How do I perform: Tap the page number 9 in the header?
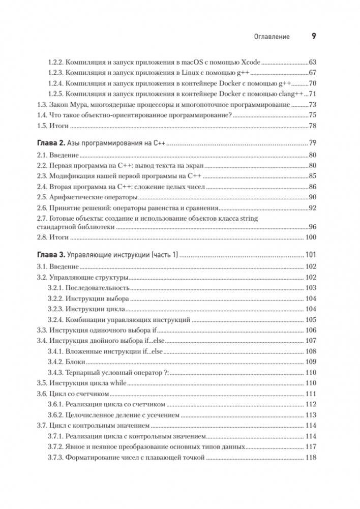(x=313, y=36)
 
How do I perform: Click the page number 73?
(x=312, y=105)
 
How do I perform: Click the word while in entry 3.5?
(x=118, y=383)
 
